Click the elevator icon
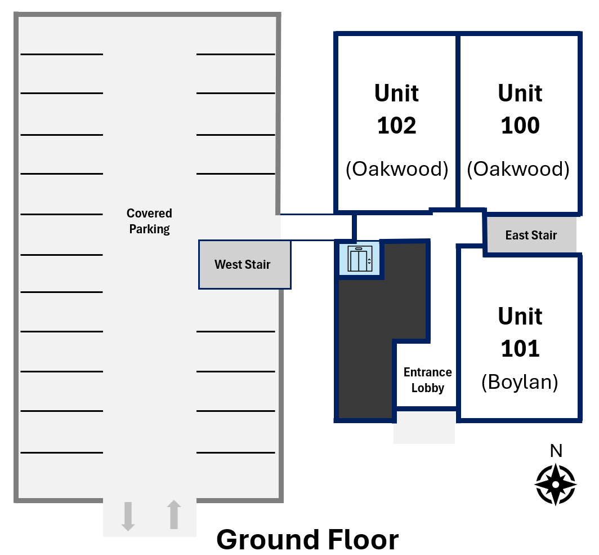click(x=360, y=259)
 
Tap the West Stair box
click(x=245, y=264)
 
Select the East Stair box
click(x=531, y=235)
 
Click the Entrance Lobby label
click(x=427, y=380)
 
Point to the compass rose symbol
click(x=556, y=485)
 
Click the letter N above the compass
click(x=556, y=451)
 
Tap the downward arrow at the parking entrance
click(x=128, y=516)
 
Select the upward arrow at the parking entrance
click(x=174, y=514)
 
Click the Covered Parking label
click(x=149, y=221)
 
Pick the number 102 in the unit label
click(x=396, y=126)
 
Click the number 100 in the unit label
click(x=520, y=126)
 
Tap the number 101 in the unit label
click(x=520, y=349)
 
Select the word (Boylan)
click(x=520, y=382)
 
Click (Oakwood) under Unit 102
click(x=397, y=169)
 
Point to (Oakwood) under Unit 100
click(x=518, y=169)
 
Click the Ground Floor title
click(x=307, y=540)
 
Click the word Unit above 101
click(x=520, y=317)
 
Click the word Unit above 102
click(x=396, y=94)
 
